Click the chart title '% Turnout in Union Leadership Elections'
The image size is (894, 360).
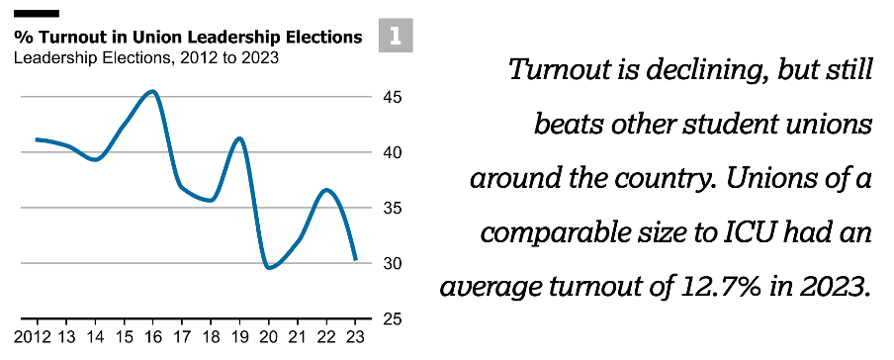point(188,38)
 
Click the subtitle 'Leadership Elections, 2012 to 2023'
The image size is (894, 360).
point(146,57)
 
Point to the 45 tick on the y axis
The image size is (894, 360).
point(393,97)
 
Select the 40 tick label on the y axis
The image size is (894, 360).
point(393,152)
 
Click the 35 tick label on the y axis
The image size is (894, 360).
point(393,208)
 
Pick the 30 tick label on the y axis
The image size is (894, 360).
point(393,263)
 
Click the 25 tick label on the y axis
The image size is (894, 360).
point(393,318)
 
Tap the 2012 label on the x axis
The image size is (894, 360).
point(35,338)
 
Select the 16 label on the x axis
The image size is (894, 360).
point(152,338)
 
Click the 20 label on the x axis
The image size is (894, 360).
point(268,338)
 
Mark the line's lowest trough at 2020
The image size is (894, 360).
point(269,267)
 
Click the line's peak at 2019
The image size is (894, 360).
point(238,138)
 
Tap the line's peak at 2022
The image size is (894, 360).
point(327,189)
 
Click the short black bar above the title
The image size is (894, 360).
point(37,15)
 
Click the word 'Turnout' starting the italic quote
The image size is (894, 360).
point(563,71)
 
